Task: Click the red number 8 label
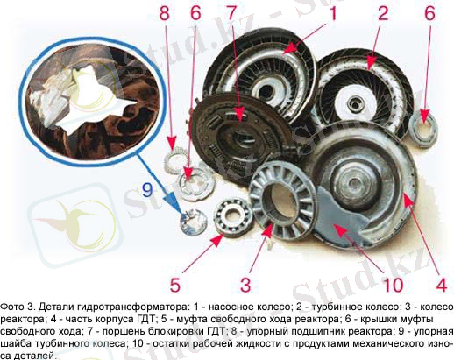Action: point(165,13)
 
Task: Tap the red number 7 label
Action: point(231,13)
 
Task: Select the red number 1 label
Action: point(332,13)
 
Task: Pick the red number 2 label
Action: point(383,13)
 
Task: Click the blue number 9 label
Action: point(147,190)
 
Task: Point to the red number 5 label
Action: point(175,285)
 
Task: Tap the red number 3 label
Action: point(245,285)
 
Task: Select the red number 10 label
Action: point(393,285)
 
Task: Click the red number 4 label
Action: point(441,285)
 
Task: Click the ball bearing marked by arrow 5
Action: point(233,216)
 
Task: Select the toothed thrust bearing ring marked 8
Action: point(175,160)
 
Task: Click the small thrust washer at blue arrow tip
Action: point(193,222)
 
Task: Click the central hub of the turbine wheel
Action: point(355,104)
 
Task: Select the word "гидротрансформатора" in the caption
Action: point(131,307)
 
